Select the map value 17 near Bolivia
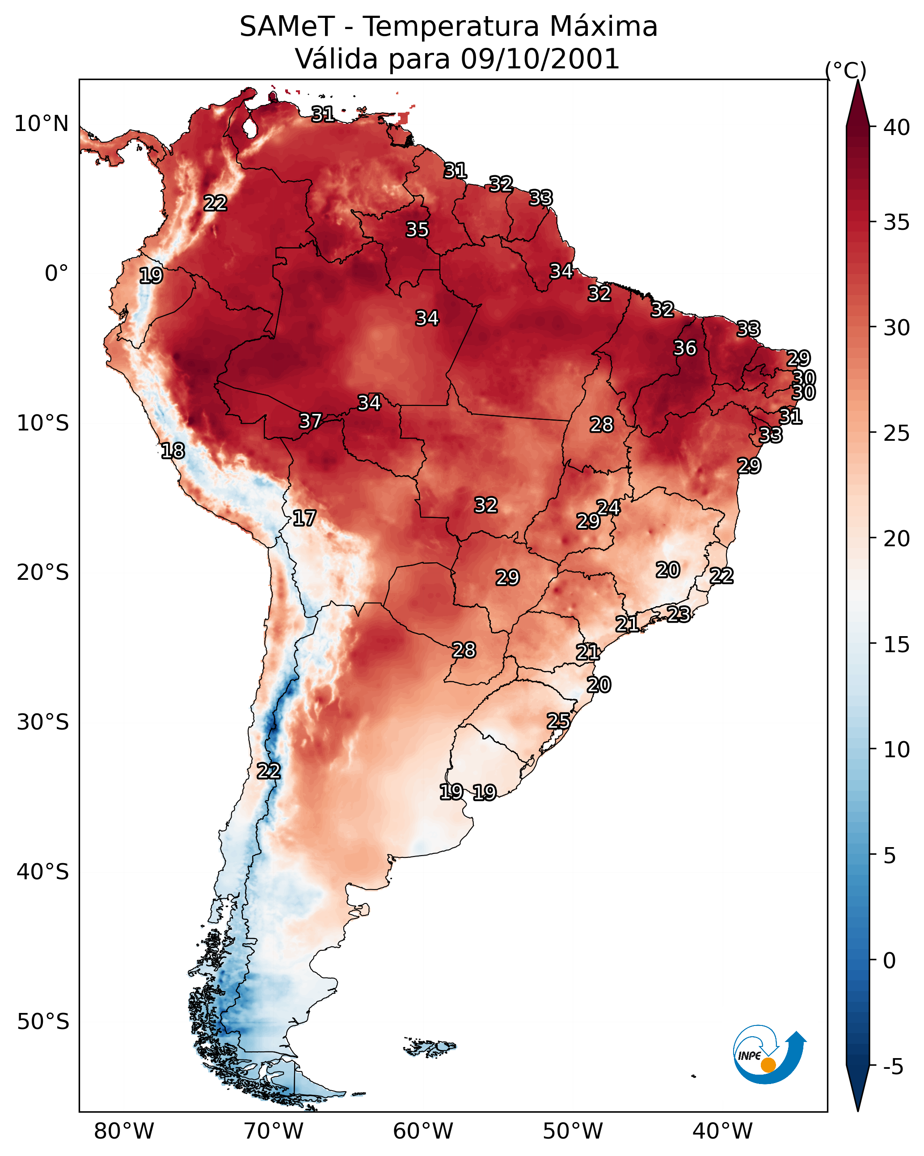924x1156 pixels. [x=304, y=519]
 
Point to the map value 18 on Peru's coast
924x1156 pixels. [x=173, y=451]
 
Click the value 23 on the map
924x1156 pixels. [x=679, y=614]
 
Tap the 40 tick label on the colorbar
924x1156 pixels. [x=897, y=127]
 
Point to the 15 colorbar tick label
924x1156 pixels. [x=897, y=645]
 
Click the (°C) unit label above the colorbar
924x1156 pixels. [x=846, y=70]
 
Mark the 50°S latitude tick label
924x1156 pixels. [x=43, y=1022]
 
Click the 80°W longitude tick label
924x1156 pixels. [x=124, y=1131]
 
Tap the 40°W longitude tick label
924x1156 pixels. [x=722, y=1131]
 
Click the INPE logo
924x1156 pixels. [x=768, y=1054]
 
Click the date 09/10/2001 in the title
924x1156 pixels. [x=540, y=59]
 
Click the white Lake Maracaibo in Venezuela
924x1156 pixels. [x=249, y=127]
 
